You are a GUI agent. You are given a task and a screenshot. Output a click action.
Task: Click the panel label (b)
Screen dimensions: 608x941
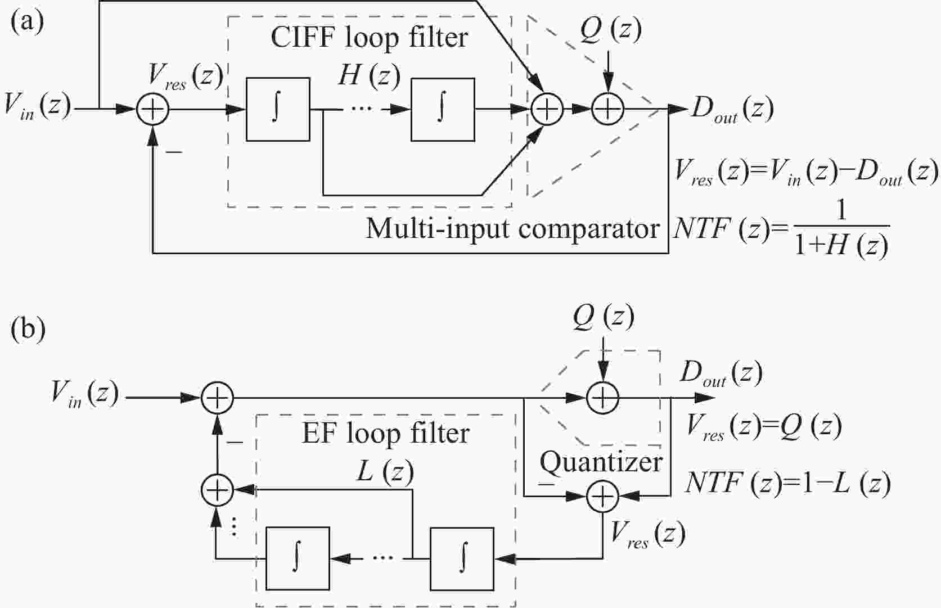(x=28, y=329)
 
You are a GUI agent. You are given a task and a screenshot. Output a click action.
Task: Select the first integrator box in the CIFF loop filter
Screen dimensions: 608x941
(x=278, y=109)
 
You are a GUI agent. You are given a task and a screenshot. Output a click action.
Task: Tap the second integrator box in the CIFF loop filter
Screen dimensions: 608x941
(x=443, y=109)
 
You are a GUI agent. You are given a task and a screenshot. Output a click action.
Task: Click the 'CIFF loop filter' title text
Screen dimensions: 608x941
(x=369, y=38)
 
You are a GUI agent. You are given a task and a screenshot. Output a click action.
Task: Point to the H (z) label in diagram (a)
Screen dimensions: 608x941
(x=369, y=75)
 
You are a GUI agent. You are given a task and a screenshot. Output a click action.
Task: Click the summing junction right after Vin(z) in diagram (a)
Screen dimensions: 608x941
(x=152, y=109)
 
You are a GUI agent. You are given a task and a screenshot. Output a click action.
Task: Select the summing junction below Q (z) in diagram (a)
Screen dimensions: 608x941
(x=608, y=109)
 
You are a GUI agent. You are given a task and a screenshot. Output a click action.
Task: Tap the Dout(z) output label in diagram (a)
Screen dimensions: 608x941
(x=731, y=109)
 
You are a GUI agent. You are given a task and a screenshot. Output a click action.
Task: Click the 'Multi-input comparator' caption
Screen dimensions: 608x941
(x=512, y=229)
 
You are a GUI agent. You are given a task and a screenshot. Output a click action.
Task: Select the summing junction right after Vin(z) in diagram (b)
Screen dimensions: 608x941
(x=217, y=398)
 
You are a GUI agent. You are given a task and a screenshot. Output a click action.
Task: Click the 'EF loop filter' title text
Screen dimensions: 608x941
(x=385, y=434)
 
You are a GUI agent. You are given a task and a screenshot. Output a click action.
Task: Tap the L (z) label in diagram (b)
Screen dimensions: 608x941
(x=385, y=471)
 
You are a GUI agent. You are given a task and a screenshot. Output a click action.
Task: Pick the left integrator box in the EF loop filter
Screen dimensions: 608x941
(x=298, y=559)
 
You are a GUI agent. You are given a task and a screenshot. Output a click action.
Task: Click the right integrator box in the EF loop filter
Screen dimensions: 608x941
(x=462, y=559)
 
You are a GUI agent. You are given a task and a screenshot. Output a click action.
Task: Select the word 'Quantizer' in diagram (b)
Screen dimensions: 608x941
(x=601, y=462)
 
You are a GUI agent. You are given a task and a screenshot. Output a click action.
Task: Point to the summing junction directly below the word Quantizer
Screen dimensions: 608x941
(x=602, y=496)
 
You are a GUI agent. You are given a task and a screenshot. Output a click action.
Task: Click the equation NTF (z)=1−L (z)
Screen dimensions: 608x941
(x=787, y=483)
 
